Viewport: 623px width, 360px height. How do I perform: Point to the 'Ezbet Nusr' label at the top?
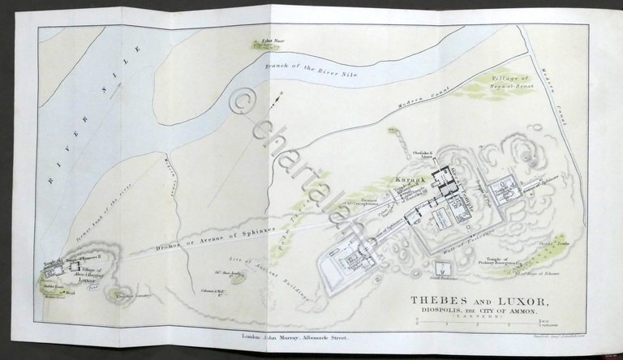pyautogui.click(x=261, y=39)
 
